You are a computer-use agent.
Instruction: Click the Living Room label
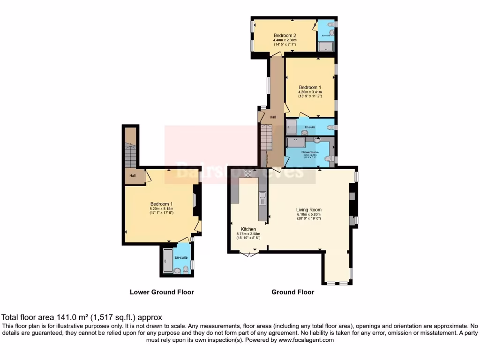point(308,210)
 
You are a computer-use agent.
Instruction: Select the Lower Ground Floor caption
point(162,292)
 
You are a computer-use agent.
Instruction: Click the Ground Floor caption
point(292,292)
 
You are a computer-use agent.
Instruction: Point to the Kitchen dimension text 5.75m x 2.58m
point(248,233)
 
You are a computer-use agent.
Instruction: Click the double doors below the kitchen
point(249,254)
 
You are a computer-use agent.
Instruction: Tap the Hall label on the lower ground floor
point(133,176)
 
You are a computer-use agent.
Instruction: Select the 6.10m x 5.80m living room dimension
point(308,215)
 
